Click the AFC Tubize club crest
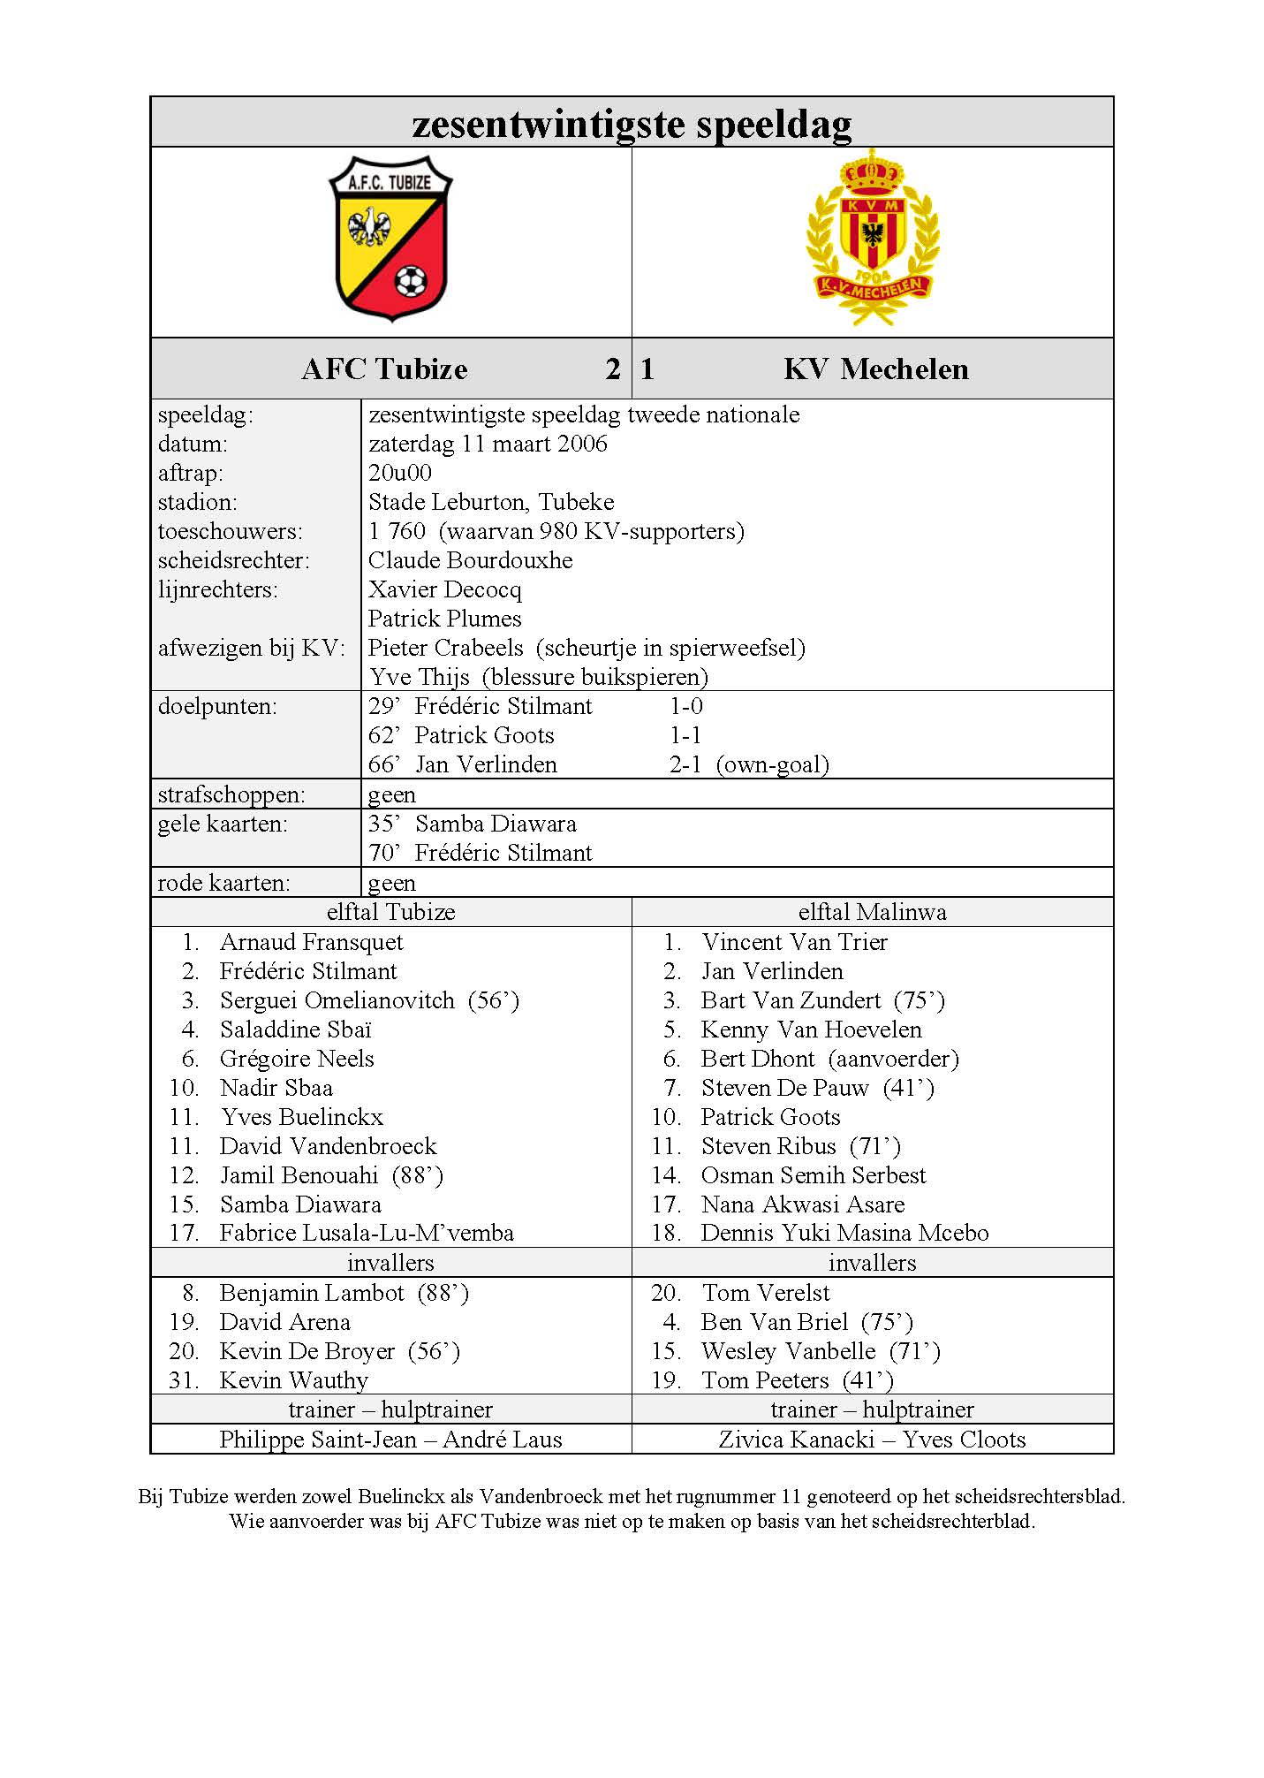pyautogui.click(x=390, y=239)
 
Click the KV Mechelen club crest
pyautogui.click(x=872, y=238)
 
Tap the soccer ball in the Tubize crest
pyautogui.click(x=410, y=281)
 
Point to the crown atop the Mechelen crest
pyautogui.click(x=872, y=171)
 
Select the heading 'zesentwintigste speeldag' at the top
pyautogui.click(x=632, y=124)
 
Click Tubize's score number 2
pyautogui.click(x=613, y=369)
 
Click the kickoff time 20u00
pyautogui.click(x=400, y=473)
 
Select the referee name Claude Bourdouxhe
pyautogui.click(x=470, y=560)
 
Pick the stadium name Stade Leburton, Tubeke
pyautogui.click(x=491, y=502)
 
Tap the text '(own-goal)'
pyautogui.click(x=773, y=764)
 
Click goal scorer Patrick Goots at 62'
pyautogui.click(x=484, y=735)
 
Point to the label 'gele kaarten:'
pyautogui.click(x=222, y=824)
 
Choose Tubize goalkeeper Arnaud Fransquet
pyautogui.click(x=311, y=942)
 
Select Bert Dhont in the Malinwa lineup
pyautogui.click(x=758, y=1059)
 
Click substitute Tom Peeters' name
pyautogui.click(x=765, y=1380)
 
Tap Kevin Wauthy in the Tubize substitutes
pyautogui.click(x=293, y=1380)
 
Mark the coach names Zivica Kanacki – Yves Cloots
pyautogui.click(x=872, y=1440)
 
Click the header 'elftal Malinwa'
pyautogui.click(x=872, y=912)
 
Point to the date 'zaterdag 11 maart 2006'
pyautogui.click(x=488, y=444)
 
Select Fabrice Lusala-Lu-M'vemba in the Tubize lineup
pyautogui.click(x=367, y=1233)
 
